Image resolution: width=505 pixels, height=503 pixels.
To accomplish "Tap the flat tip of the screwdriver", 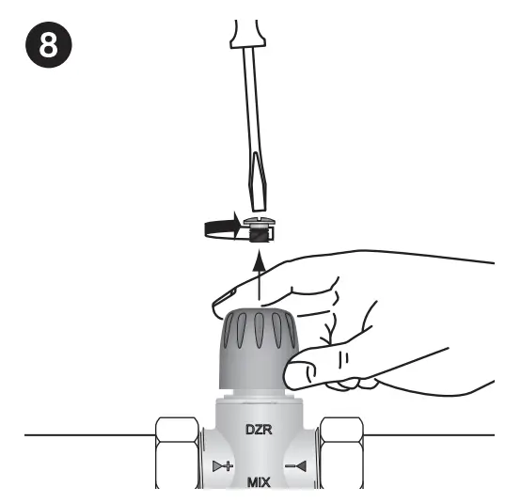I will (x=258, y=201).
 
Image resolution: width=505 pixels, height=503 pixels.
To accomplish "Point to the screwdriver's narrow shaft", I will (x=254, y=103).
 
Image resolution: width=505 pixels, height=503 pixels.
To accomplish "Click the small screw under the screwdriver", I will (x=257, y=228).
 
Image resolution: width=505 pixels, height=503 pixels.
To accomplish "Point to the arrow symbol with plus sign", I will (x=223, y=465).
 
